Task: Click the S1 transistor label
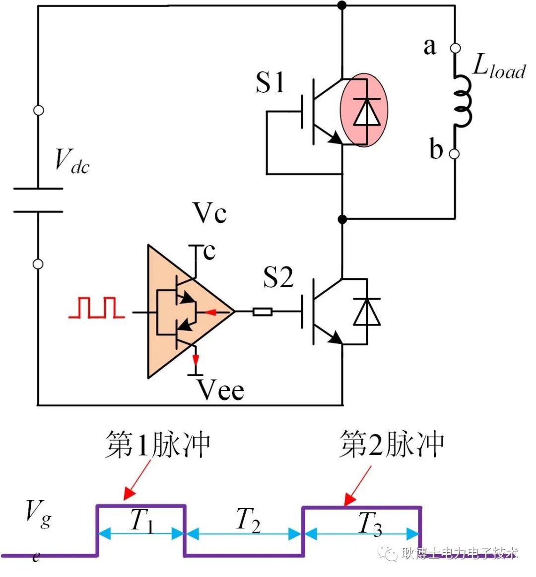(270, 83)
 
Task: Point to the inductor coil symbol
(463, 102)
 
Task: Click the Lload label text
(498, 66)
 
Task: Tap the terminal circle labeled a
(455, 48)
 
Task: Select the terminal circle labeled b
(454, 154)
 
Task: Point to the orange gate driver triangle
(184, 312)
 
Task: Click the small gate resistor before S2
(262, 312)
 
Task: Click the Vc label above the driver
(210, 213)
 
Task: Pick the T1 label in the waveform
(142, 521)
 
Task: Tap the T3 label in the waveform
(370, 523)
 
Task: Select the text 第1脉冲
(158, 444)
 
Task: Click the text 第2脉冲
(392, 444)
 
